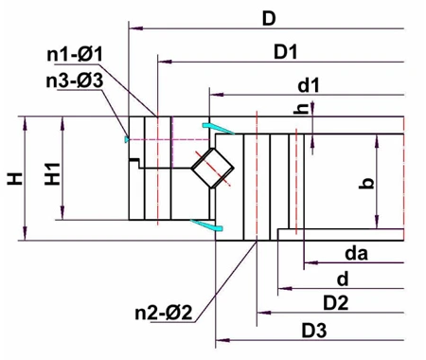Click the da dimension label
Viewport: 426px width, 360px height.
356,253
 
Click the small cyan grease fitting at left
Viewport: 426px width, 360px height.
125,139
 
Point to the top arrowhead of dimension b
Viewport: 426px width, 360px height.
379,140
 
